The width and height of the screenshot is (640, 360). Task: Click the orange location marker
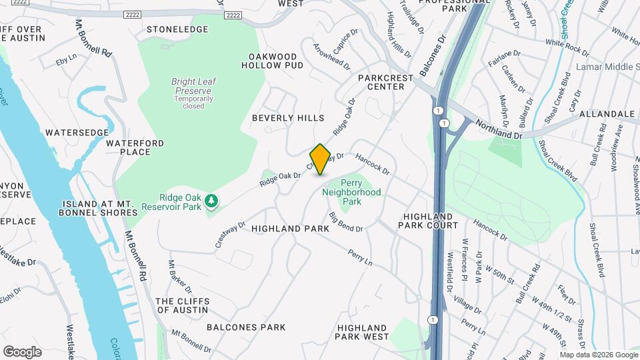coord(320,159)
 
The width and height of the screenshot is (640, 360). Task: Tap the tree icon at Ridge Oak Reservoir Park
coord(211,200)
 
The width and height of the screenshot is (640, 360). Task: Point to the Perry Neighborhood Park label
coord(351,187)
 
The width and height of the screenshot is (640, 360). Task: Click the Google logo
coord(22,351)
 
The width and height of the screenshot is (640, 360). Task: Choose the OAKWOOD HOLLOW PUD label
coord(276,61)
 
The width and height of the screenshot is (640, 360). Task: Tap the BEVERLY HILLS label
coord(288,118)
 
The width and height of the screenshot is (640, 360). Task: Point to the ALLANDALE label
coord(607,115)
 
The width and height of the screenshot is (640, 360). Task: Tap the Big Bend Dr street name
coord(345,222)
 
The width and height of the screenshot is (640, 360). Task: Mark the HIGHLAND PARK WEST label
coord(363,332)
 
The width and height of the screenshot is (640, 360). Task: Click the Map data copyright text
coord(599,354)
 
